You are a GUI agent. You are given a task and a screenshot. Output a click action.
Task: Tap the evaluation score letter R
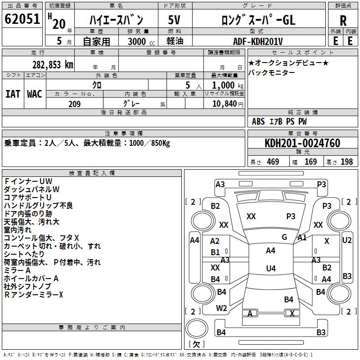343,21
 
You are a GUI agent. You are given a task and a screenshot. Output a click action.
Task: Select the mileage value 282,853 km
53,65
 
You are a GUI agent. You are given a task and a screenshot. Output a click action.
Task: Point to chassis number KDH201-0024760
302,143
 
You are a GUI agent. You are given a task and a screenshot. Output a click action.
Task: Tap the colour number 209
74,104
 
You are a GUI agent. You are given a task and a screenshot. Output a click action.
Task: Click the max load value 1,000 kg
225,85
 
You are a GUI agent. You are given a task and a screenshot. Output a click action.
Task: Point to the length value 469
273,162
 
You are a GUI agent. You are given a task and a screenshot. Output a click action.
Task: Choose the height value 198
346,162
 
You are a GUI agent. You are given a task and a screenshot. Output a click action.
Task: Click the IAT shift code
13,94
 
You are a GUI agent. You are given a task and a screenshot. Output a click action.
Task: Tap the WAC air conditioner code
34,94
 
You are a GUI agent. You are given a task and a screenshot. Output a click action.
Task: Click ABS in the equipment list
258,121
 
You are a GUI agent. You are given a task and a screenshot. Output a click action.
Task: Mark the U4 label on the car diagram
270,269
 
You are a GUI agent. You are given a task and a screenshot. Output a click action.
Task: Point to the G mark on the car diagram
284,237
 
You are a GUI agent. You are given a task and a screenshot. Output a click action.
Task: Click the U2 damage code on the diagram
347,240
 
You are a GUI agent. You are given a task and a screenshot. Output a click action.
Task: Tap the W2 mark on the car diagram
221,308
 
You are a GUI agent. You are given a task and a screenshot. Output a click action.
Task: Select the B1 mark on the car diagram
216,252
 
